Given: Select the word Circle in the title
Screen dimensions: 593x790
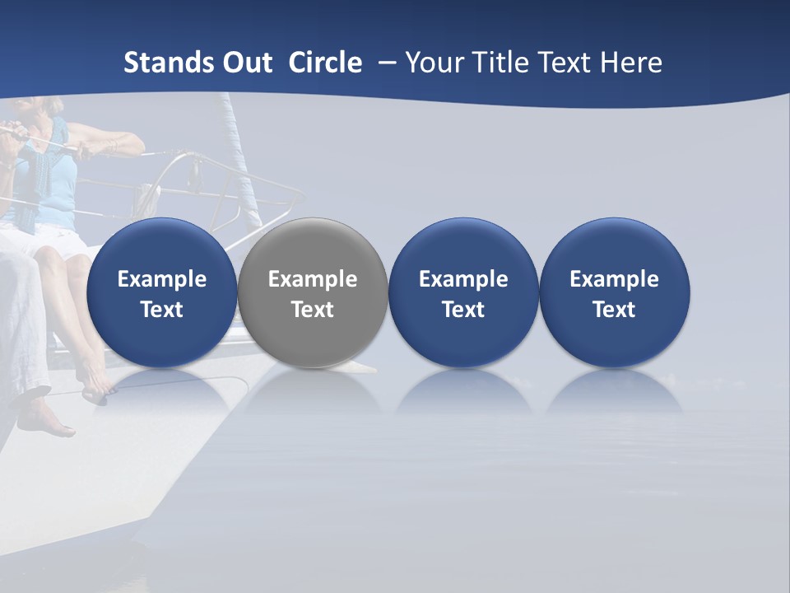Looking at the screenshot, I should coord(325,63).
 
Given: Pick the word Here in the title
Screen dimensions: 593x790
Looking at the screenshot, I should coord(632,63).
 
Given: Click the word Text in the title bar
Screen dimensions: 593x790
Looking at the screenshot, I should coord(566,63).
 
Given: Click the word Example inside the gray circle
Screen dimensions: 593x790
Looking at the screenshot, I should coord(313,279).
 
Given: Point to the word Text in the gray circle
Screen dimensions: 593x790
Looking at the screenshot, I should coord(313,310).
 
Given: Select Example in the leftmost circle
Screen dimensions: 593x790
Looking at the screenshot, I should coord(161,279).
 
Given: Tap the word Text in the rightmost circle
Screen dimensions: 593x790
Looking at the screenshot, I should coord(614,310).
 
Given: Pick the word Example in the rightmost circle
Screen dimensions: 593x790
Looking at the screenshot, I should coord(614,279).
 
